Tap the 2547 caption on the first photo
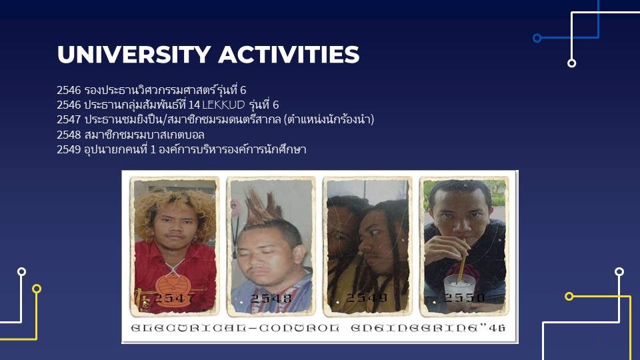coord(174,298)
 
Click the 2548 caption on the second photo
coord(269,298)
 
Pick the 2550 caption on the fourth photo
coord(464,298)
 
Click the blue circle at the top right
coord(537,38)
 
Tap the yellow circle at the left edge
coord(37,289)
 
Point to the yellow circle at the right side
coord(569,296)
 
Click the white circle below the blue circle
coord(571,63)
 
